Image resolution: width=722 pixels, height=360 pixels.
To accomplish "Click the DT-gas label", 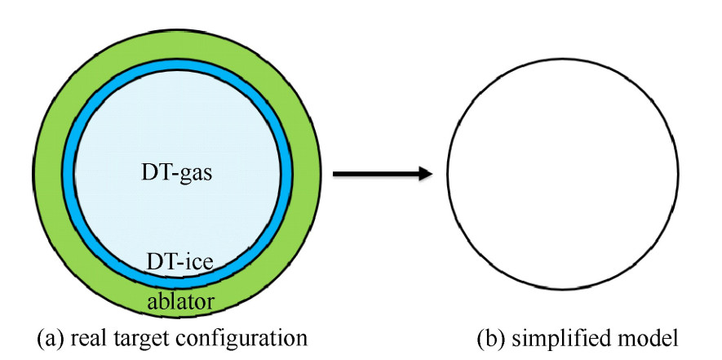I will tap(177, 172).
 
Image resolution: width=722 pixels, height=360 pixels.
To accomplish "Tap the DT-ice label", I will tap(179, 262).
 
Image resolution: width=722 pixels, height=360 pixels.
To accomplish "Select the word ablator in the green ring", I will tap(180, 301).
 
